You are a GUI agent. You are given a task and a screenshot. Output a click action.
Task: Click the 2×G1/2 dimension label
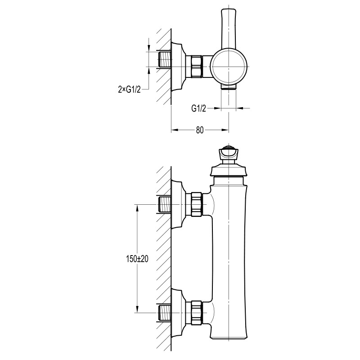(x=129, y=90)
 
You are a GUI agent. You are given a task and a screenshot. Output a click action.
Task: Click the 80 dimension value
(x=200, y=130)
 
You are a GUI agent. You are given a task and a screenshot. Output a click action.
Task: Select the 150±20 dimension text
(x=137, y=259)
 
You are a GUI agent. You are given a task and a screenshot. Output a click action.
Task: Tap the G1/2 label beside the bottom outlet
(x=199, y=108)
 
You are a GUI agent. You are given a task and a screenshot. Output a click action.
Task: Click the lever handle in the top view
(x=229, y=29)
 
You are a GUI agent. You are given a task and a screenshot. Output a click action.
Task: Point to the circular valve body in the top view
(x=229, y=67)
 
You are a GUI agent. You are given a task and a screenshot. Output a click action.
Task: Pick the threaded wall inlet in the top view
(x=165, y=59)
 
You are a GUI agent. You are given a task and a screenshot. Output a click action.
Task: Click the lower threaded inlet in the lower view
(x=165, y=313)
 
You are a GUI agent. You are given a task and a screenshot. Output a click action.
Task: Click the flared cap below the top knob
(x=229, y=170)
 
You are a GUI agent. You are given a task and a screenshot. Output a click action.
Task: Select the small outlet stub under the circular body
(x=229, y=86)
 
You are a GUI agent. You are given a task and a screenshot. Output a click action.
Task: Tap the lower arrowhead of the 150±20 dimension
(x=137, y=308)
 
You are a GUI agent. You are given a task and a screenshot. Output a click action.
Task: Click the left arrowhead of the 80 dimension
(x=175, y=130)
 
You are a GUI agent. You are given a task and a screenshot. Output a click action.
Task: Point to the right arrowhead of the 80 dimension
(x=225, y=130)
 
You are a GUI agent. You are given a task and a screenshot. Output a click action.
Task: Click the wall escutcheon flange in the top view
(x=178, y=67)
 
